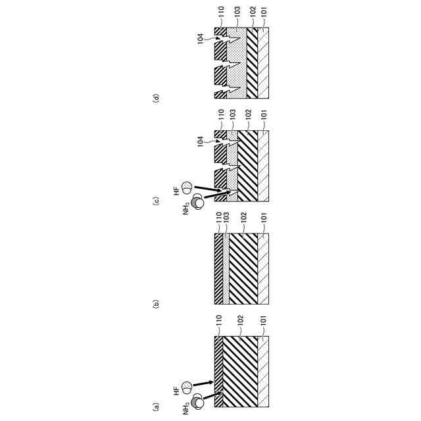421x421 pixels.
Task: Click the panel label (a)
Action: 156,406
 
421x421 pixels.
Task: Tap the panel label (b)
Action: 156,304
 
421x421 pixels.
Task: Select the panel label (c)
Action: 156,201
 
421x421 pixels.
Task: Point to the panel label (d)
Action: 156,99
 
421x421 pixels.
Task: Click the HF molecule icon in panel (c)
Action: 188,186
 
